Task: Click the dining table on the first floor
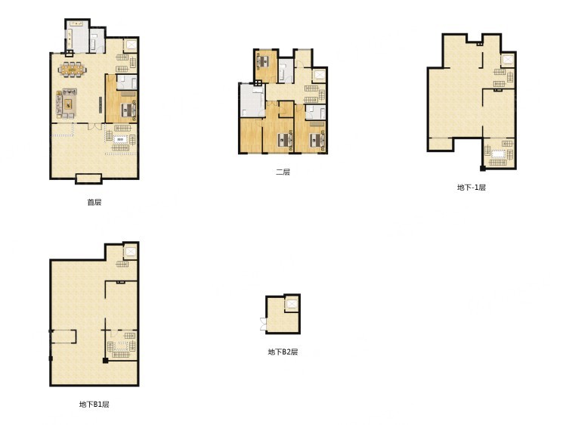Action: click(73, 69)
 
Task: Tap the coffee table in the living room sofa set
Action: click(68, 104)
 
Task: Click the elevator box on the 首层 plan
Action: click(130, 45)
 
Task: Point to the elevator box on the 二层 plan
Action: click(319, 75)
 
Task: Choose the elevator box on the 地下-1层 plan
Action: click(508, 59)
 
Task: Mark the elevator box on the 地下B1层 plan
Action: click(130, 251)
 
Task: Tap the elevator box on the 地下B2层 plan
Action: click(291, 304)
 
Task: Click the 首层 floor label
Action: click(94, 202)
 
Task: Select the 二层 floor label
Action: click(283, 172)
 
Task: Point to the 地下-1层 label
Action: click(472, 188)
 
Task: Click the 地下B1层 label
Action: click(94, 404)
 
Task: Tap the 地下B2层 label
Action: click(283, 352)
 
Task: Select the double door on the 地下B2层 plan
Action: click(263, 324)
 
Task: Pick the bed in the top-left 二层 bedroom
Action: click(263, 61)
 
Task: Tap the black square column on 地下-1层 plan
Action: click(482, 168)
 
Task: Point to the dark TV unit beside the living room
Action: click(101, 104)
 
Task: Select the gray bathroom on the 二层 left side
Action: click(251, 101)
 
